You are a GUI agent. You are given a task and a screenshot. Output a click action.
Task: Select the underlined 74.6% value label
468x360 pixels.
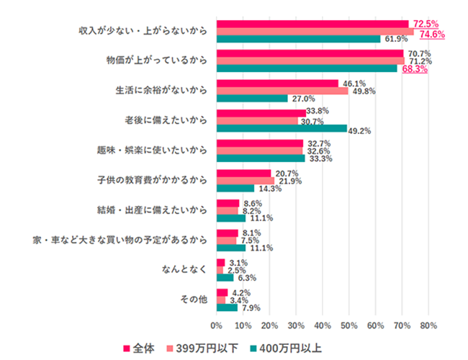[x=431, y=34]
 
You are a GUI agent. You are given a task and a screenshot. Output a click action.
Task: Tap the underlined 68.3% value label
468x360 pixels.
[x=415, y=71]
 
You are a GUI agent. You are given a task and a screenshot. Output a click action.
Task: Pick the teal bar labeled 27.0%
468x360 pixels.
[x=252, y=99]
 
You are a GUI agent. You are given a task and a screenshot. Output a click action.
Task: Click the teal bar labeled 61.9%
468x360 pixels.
[x=298, y=39]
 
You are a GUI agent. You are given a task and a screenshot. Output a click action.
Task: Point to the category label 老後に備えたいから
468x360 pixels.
[x=167, y=120]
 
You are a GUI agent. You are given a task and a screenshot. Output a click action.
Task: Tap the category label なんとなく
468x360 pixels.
[x=187, y=269]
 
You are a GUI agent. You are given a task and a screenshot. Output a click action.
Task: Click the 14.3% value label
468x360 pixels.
[x=268, y=189]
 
